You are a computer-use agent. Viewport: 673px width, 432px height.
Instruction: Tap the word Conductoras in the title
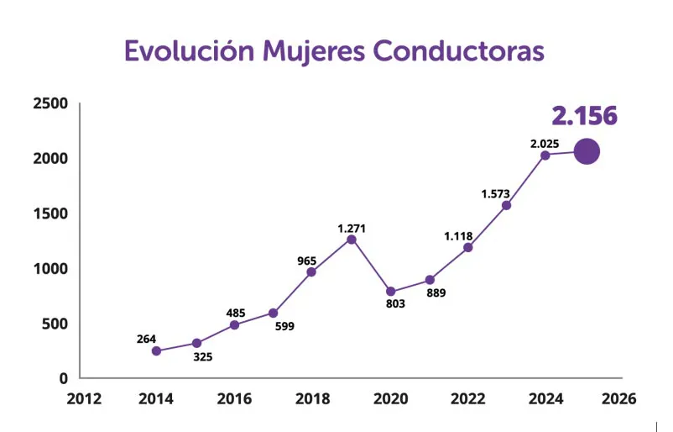458,50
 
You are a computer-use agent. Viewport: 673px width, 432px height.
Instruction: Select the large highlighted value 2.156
584,116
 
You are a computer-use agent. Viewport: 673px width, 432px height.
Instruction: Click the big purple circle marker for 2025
586,152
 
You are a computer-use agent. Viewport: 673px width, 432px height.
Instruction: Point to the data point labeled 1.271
352,240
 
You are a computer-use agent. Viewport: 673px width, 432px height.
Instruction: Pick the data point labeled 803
390,292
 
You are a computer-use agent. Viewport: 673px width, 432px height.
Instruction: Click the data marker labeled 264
156,350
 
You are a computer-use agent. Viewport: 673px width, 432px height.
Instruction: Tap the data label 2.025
544,144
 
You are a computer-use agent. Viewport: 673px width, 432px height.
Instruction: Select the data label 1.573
495,194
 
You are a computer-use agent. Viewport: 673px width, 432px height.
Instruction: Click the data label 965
306,261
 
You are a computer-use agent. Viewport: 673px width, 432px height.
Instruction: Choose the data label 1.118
458,236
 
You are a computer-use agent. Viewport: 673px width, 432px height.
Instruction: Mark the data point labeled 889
430,280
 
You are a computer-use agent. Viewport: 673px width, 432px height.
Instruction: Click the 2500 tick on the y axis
50,103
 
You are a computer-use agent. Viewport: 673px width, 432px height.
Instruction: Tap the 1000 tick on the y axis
50,269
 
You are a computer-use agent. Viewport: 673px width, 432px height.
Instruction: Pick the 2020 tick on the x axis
390,399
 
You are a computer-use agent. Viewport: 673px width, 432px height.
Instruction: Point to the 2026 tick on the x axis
618,399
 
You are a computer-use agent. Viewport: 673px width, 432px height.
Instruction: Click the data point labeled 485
234,324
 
